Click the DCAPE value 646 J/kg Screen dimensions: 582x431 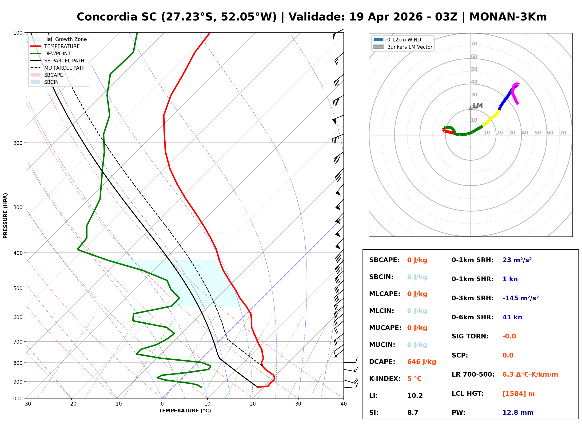[421, 362]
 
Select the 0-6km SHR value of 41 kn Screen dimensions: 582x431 [512, 317]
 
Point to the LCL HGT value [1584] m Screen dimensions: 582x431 [518, 394]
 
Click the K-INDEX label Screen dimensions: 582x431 [385, 378]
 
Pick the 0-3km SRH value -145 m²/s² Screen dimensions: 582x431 [520, 298]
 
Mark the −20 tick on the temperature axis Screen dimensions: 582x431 [71, 404]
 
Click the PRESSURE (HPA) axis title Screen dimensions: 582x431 [5, 215]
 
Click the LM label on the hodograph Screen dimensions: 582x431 [478, 106]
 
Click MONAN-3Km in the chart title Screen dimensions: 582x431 [508, 17]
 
